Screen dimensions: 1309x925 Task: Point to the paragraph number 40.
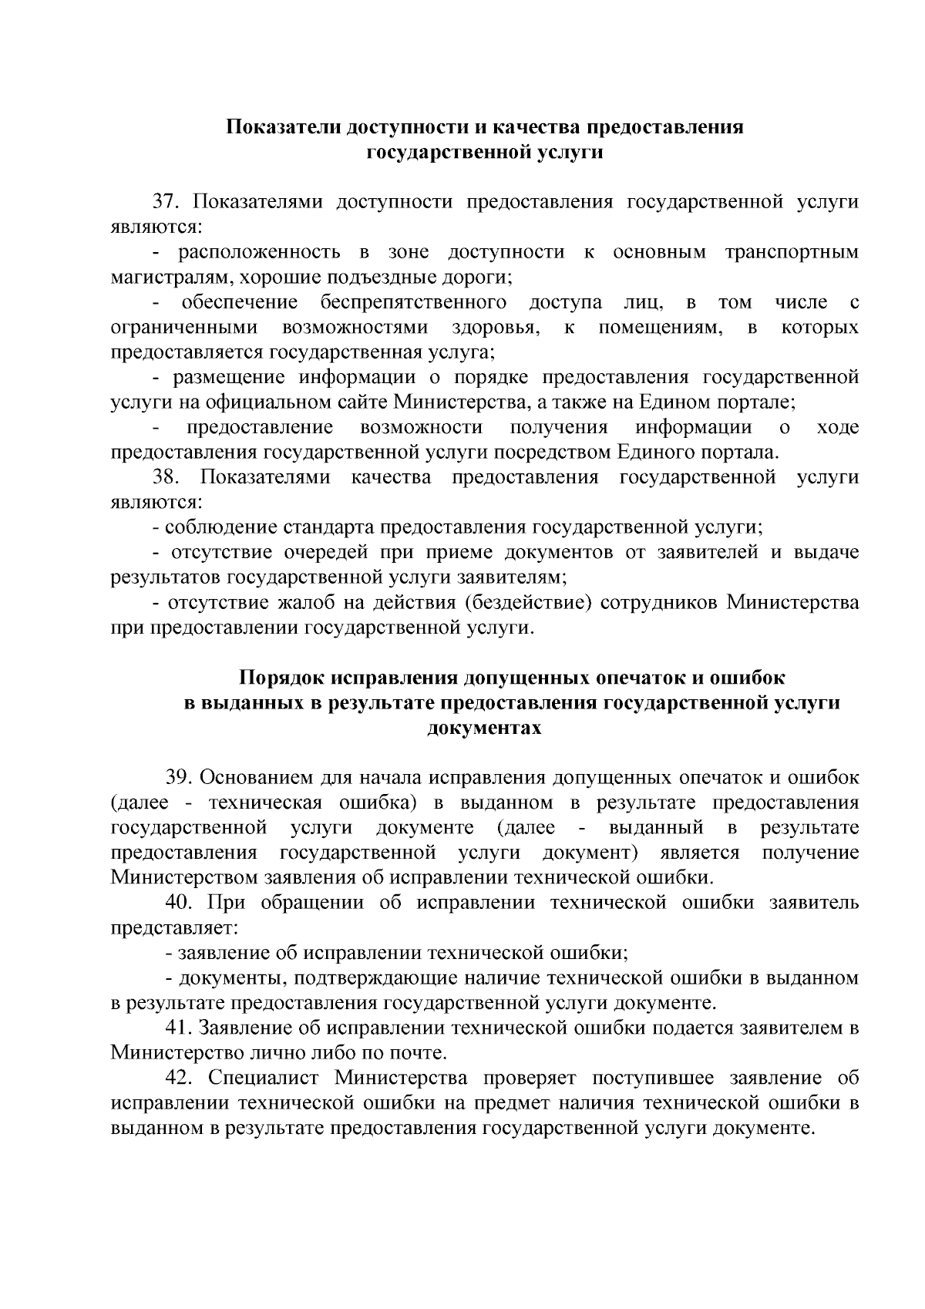(179, 903)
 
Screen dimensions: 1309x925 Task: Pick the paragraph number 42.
(179, 1078)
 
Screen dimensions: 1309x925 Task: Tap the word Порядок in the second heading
(282, 678)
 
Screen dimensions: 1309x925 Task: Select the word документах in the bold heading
(484, 729)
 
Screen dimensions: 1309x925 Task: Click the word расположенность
(259, 253)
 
